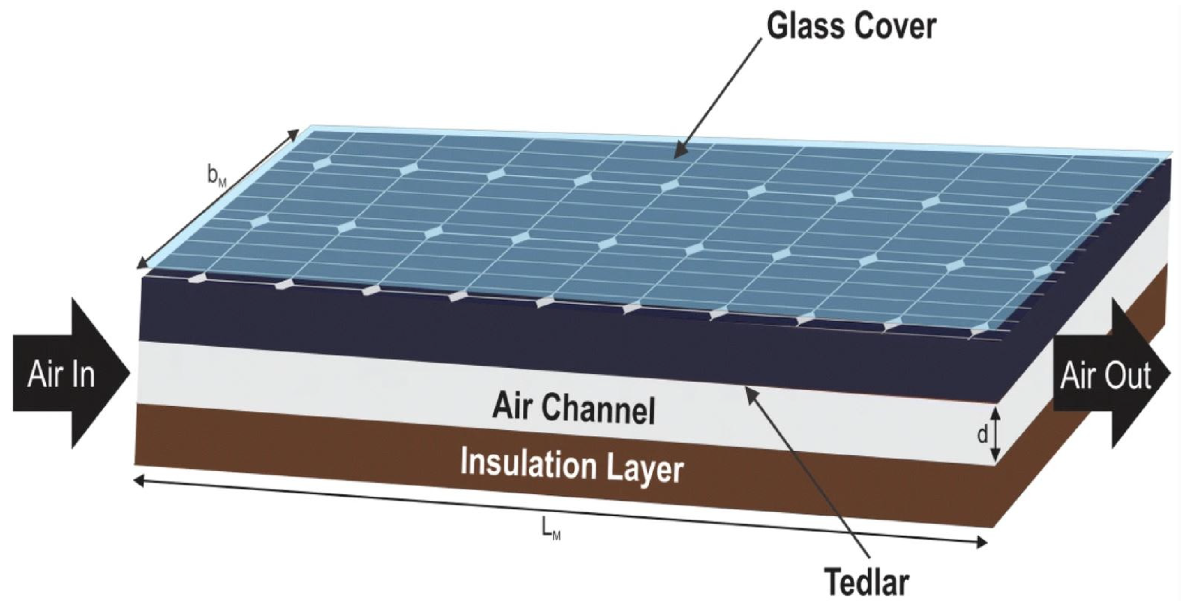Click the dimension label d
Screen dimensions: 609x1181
tap(982, 435)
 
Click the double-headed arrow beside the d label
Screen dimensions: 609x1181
tap(995, 435)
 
